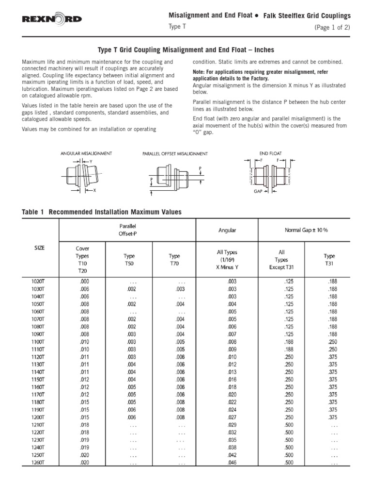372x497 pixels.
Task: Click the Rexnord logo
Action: tap(52, 19)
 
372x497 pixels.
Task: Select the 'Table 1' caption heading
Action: tap(102, 212)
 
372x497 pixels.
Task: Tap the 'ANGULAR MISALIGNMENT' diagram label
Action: tap(86, 153)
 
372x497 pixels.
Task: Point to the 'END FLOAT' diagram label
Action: tap(270, 153)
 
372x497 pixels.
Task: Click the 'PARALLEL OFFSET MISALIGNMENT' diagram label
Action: tap(175, 154)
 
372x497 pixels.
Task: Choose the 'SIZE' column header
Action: tap(40, 248)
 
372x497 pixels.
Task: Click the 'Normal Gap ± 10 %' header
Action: tap(306, 230)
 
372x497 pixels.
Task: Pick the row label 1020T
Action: tap(40, 281)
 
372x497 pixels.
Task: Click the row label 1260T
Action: tap(40, 463)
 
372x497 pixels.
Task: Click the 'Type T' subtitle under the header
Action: tap(177, 27)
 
